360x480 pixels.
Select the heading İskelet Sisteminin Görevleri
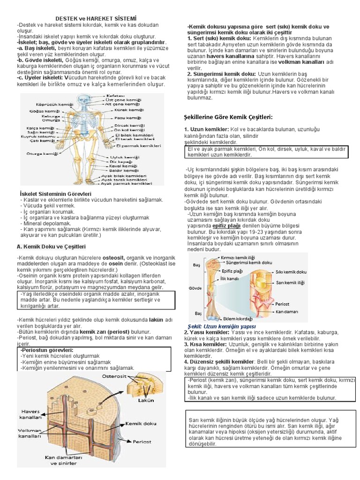tap(55, 194)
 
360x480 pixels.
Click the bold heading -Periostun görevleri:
tap(46, 350)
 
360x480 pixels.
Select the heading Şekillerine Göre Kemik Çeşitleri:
tap(228, 117)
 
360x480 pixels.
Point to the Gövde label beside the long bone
tap(195, 287)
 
